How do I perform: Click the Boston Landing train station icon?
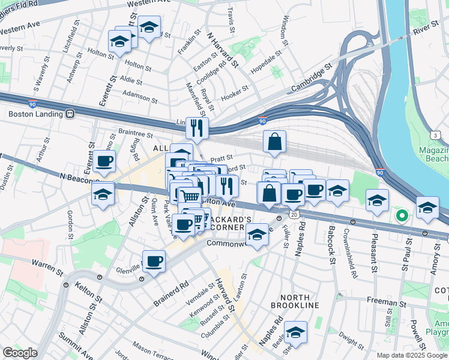coord(70,113)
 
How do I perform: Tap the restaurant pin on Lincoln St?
coord(197,128)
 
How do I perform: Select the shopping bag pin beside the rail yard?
coord(274,142)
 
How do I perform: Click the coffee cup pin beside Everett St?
coord(104,161)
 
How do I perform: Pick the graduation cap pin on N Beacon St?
coord(103,194)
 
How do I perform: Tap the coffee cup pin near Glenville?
coord(154,262)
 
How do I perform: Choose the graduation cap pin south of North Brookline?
coord(295,332)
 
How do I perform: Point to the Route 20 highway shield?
coord(294,214)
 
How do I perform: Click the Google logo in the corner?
coord(20,353)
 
